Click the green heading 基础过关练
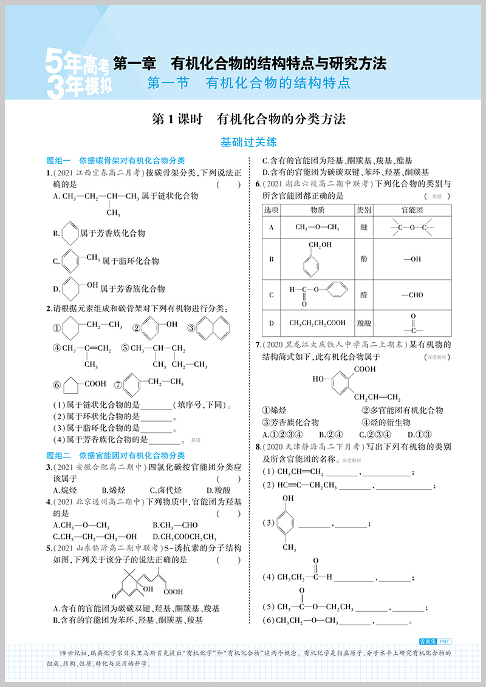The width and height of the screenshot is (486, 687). (x=248, y=142)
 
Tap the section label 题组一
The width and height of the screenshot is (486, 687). (x=59, y=161)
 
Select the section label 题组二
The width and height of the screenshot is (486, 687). (x=59, y=455)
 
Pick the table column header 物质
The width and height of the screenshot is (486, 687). (x=317, y=209)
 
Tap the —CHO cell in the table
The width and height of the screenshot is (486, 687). (x=412, y=295)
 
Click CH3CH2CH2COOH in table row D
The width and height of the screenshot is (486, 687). (x=317, y=323)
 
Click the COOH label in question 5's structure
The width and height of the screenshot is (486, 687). (x=173, y=592)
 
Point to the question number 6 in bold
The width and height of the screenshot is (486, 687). (x=258, y=184)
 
